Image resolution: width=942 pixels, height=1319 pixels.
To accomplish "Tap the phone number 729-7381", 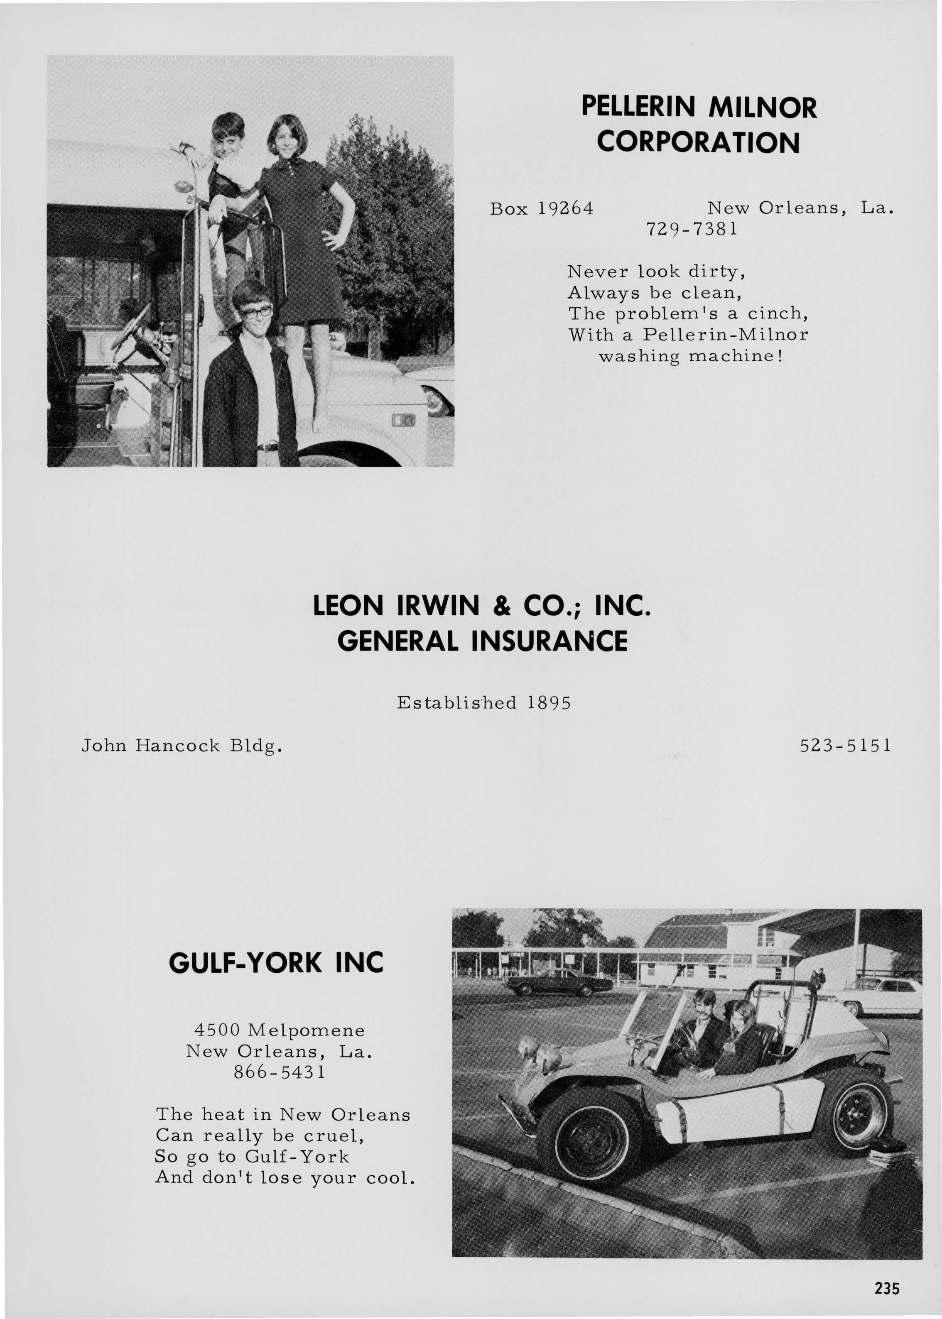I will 692,230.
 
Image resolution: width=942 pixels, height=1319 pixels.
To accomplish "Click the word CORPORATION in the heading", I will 698,143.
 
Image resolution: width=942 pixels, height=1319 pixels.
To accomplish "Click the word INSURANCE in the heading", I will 549,641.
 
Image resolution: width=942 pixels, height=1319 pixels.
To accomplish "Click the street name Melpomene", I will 306,1030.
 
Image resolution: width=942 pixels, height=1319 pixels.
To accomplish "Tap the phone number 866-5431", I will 280,1072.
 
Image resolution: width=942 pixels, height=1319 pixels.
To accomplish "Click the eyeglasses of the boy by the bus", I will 255,312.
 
